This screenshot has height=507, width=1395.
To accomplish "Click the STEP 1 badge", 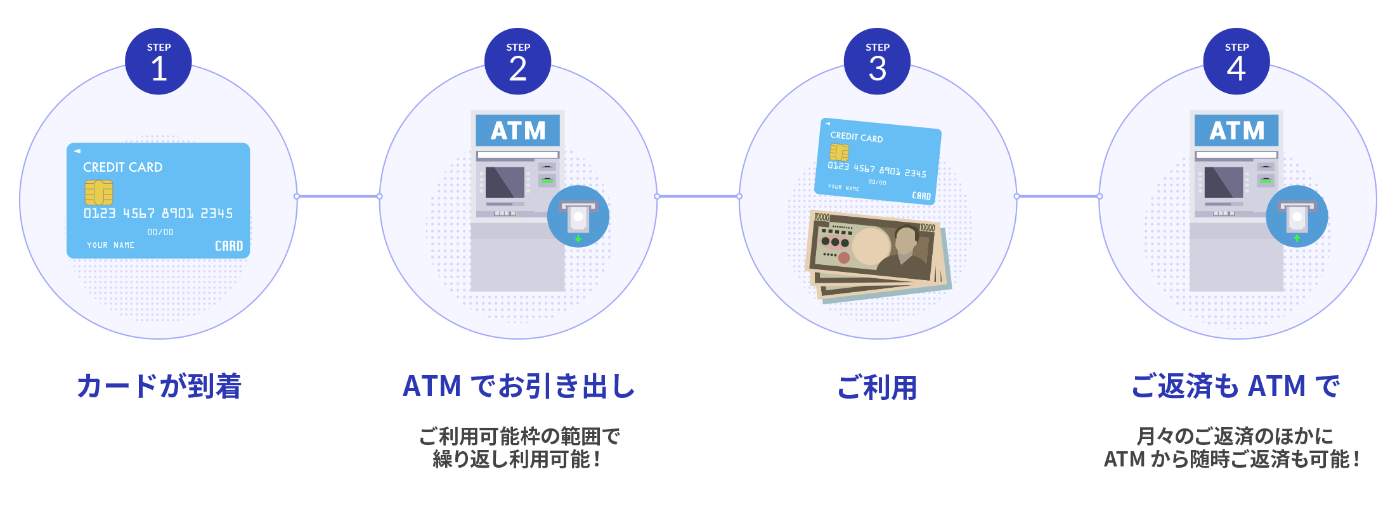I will coord(159,61).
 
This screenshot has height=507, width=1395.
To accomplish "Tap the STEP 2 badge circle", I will coord(517,61).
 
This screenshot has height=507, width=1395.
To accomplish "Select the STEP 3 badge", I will coord(877,61).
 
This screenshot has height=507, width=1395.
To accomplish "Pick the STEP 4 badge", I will coord(1236,61).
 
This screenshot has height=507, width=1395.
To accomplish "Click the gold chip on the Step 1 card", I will coord(99,192).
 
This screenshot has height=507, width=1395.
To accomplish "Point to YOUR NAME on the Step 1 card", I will coord(111,245).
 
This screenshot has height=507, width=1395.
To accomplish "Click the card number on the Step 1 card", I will coord(158,214).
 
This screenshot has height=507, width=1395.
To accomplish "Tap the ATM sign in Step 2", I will coord(517,131).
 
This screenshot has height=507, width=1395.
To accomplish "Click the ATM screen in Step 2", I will coord(505,183).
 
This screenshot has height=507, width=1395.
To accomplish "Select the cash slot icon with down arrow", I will coord(578,217).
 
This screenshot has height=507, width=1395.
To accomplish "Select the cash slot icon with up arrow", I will coord(1297,217).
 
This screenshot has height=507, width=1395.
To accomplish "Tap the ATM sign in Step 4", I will coord(1236,131).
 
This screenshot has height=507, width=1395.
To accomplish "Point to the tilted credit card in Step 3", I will coord(878,162).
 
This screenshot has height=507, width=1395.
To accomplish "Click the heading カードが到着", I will coord(159,386).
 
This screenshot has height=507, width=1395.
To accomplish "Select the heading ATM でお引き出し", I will coord(519,386).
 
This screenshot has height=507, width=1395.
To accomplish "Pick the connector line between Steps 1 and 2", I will coord(338,196).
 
